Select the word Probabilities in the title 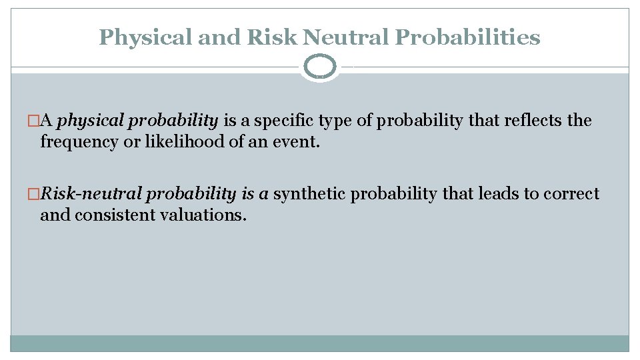click(467, 37)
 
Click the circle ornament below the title click(320, 67)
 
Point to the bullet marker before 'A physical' click(45, 121)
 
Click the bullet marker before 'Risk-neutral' click(45, 195)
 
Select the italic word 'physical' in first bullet click(90, 121)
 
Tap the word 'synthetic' click(309, 194)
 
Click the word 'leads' click(498, 194)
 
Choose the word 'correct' click(571, 194)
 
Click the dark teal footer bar click(320, 343)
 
